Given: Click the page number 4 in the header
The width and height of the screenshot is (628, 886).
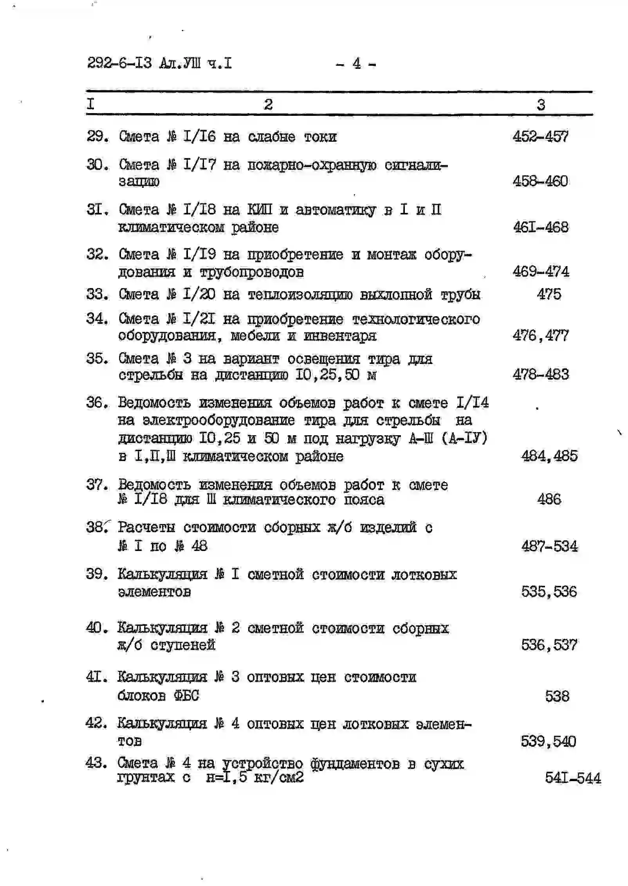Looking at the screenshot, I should [x=356, y=63].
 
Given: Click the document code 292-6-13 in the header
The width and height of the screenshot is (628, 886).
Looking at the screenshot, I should [x=119, y=63].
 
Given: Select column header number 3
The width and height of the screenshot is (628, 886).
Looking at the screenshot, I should [x=541, y=105].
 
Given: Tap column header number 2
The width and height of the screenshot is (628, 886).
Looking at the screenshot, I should [x=268, y=104].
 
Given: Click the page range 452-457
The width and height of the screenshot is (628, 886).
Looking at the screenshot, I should [x=540, y=137].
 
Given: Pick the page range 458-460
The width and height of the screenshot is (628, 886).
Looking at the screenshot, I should [x=540, y=181].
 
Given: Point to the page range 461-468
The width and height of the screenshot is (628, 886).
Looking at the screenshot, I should [x=541, y=227].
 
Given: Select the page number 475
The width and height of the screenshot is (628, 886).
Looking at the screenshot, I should [x=549, y=294].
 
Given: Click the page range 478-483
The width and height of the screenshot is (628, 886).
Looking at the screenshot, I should [x=541, y=375].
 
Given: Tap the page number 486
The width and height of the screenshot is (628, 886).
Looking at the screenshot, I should [x=549, y=499].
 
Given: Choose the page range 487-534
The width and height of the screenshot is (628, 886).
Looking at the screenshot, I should [x=549, y=546].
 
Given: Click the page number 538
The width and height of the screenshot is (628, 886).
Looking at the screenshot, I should [x=557, y=696].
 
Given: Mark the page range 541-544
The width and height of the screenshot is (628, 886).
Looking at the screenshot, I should [x=573, y=778].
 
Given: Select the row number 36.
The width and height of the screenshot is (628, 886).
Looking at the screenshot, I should [x=96, y=402].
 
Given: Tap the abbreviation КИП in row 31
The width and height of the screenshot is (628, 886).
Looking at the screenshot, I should [x=260, y=210].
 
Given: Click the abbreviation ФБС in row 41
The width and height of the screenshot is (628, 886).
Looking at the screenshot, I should [x=186, y=696].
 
